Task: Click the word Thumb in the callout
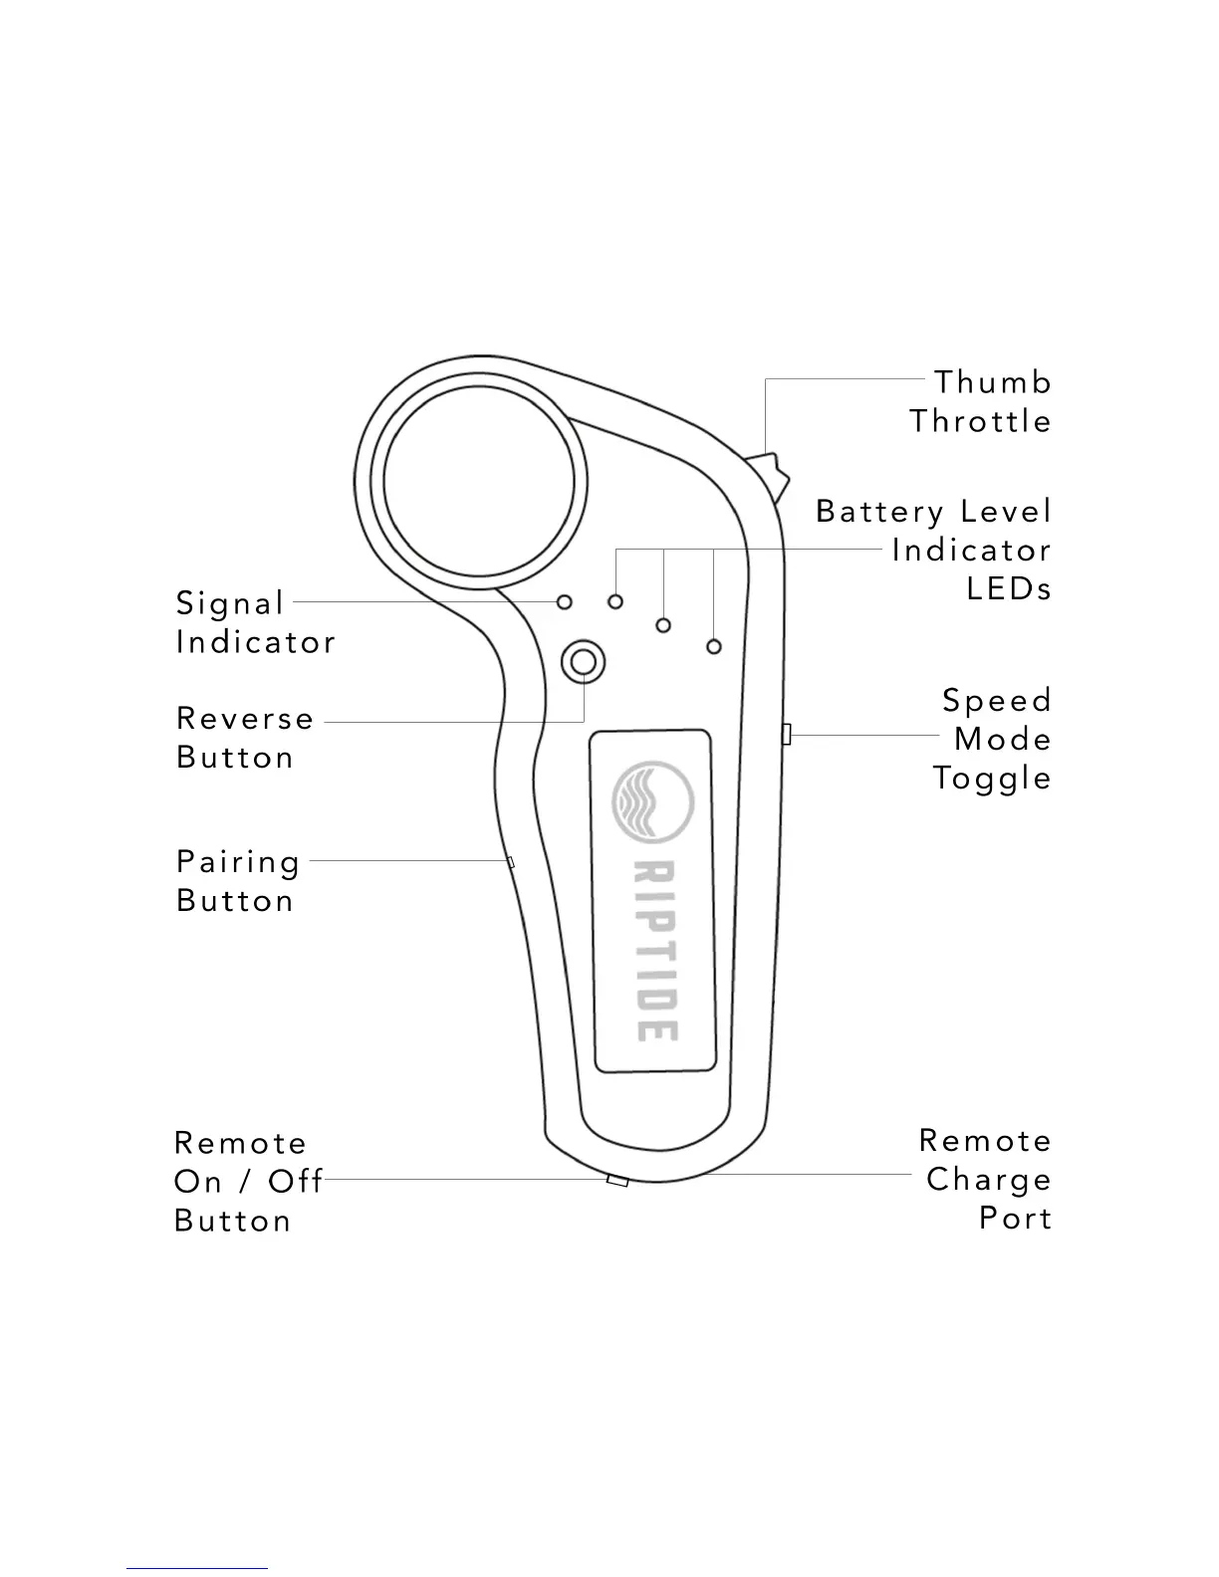click(992, 382)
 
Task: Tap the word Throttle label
click(980, 421)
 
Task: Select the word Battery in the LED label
click(879, 512)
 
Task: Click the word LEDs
click(1009, 588)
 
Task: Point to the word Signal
click(230, 603)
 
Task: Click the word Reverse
click(245, 719)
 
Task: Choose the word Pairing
click(238, 862)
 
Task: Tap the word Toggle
click(992, 779)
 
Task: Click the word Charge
click(988, 1180)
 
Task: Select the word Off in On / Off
click(295, 1182)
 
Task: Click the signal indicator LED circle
click(565, 601)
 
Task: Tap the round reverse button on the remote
click(584, 662)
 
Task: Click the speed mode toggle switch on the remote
click(786, 735)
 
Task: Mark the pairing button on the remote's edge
click(511, 861)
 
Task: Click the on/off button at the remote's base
click(617, 1181)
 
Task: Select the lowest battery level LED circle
click(713, 647)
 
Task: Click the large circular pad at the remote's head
click(479, 480)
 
